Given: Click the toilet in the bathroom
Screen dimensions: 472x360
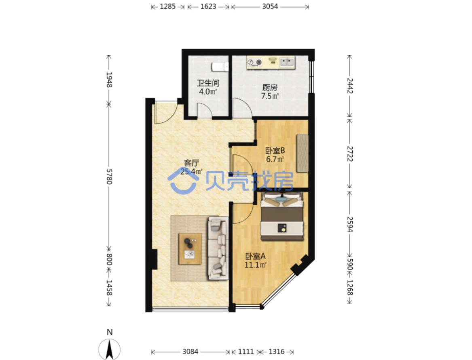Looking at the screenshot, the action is (x=220, y=67).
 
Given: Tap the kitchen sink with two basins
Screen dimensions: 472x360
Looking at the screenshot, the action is (x=287, y=62).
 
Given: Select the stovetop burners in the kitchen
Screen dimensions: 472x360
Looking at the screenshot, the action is (x=255, y=62).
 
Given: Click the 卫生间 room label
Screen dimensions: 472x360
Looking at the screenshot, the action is (x=208, y=83).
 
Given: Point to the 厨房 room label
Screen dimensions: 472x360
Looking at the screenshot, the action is (x=270, y=88).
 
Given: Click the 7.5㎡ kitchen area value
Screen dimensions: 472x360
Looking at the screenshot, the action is (x=270, y=96).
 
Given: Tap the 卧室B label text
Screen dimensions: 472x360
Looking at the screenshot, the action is (x=275, y=150).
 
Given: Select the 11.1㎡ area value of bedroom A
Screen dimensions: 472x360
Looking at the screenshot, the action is (x=255, y=265).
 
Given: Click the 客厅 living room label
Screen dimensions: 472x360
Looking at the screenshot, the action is (x=191, y=163).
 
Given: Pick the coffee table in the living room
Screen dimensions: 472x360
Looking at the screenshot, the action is (x=190, y=249).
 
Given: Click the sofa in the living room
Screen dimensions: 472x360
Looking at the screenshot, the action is (x=217, y=248).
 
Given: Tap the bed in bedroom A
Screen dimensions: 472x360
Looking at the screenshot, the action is (x=282, y=216).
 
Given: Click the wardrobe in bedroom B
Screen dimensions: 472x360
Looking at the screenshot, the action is (x=303, y=154).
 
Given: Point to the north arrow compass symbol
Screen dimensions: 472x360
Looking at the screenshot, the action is (x=109, y=349).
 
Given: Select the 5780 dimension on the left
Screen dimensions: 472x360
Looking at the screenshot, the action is (x=109, y=177).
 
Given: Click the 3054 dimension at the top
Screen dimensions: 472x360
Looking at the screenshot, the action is (x=270, y=6).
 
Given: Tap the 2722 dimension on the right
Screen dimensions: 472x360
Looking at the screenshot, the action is (x=350, y=154).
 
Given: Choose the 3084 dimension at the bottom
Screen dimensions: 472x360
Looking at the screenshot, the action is (x=190, y=352).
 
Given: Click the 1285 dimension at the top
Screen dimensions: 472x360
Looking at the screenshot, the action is (x=168, y=6).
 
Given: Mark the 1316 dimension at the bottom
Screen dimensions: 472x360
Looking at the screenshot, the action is (x=276, y=352).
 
